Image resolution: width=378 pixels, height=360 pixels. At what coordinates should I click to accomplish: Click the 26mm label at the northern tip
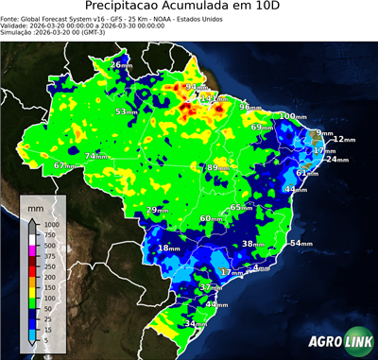pyautogui.click(x=122, y=64)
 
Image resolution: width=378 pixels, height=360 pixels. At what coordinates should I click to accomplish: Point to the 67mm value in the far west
pyautogui.click(x=64, y=165)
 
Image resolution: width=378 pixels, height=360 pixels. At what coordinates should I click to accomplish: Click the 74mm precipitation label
pyautogui.click(x=95, y=156)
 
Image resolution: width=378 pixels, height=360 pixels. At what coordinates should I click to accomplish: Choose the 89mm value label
pyautogui.click(x=218, y=167)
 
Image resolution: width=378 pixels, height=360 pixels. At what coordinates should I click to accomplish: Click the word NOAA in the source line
pyautogui.click(x=180, y=18)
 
